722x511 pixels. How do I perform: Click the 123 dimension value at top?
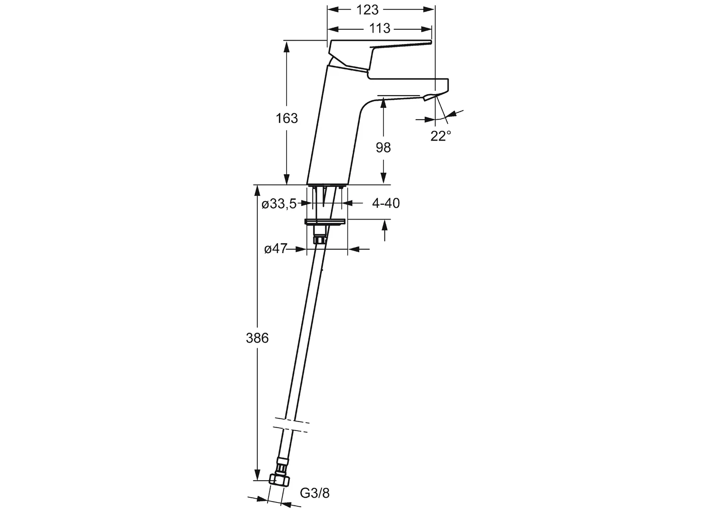(367, 10)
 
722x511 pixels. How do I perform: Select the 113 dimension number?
(379, 29)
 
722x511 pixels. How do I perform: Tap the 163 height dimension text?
(287, 118)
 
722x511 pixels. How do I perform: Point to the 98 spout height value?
(383, 148)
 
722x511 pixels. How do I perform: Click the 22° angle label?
(441, 136)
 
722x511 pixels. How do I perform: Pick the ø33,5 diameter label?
(279, 204)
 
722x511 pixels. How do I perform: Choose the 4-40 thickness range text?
(386, 203)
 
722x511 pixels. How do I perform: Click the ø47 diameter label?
(276, 249)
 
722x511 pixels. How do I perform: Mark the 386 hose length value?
(257, 338)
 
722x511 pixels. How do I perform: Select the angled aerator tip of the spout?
(431, 97)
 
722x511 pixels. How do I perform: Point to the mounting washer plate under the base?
(325, 221)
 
